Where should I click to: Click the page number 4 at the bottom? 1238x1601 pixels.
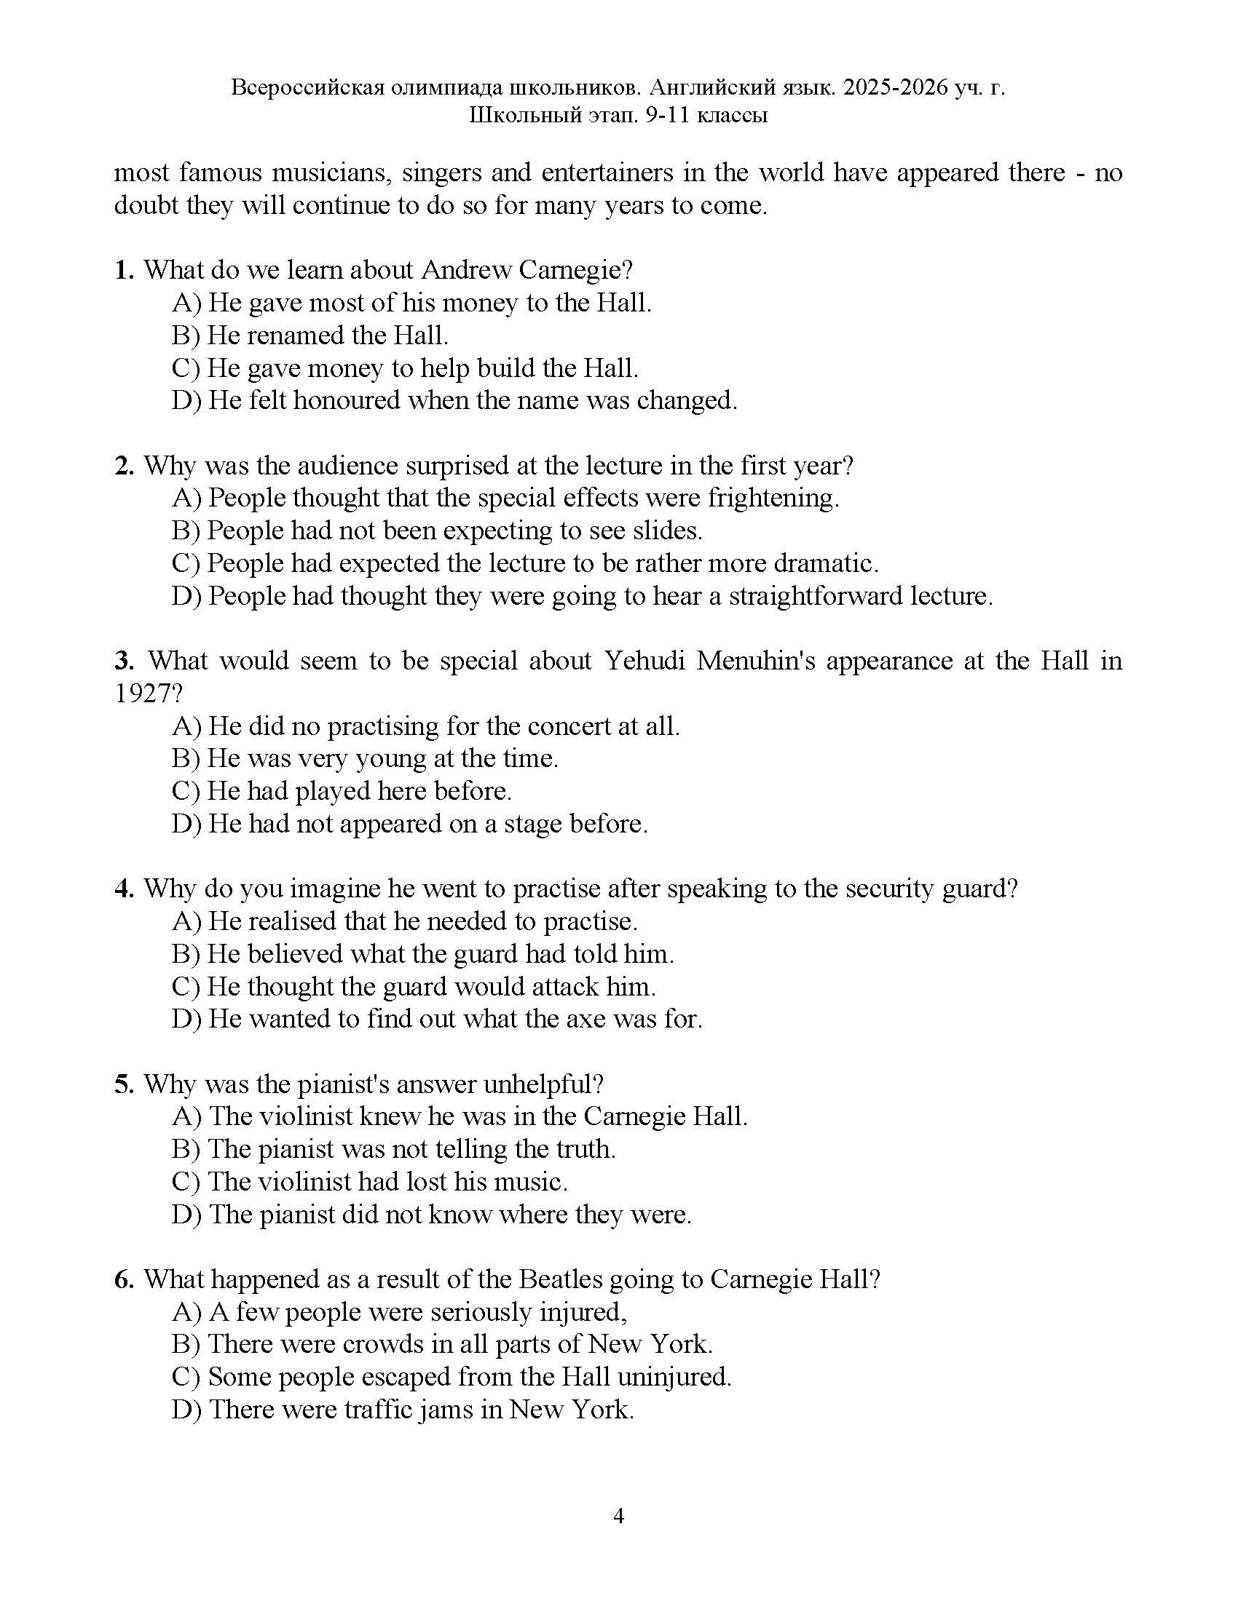pos(618,1516)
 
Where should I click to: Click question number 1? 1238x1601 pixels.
pos(123,271)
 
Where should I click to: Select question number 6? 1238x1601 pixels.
pos(123,1280)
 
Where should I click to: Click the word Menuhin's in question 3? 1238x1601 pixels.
pos(755,662)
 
